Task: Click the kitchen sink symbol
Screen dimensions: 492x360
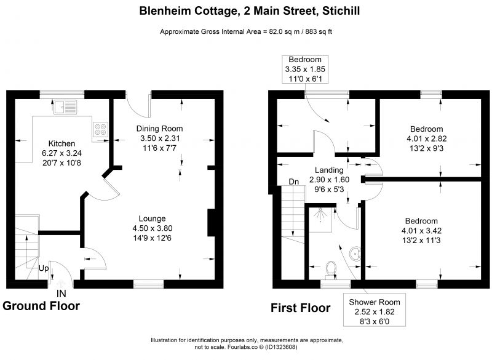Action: [x=65, y=107]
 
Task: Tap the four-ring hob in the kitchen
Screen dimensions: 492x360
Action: [x=100, y=129]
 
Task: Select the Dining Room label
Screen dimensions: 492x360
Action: [x=159, y=129]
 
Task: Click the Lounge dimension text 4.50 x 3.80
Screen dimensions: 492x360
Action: [x=153, y=228]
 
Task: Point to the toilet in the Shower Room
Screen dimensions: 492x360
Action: [x=331, y=270]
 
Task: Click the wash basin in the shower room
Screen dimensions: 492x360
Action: [x=355, y=253]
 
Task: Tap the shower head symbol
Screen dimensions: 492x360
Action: [x=320, y=215]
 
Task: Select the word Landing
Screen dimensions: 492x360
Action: [x=329, y=170]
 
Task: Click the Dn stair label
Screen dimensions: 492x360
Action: [x=294, y=182]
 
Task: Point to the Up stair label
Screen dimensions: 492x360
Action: [x=44, y=268]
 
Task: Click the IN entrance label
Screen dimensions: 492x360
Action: [x=61, y=294]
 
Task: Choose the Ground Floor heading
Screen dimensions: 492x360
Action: [x=41, y=306]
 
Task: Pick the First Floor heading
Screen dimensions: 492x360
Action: [x=301, y=308]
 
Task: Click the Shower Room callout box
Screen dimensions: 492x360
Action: [x=375, y=310]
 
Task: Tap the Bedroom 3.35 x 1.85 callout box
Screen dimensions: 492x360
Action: [x=305, y=70]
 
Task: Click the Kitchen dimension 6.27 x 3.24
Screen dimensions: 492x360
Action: [x=62, y=153]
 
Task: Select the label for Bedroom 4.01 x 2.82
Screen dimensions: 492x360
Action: [x=427, y=129]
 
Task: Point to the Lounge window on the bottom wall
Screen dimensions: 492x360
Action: [x=149, y=284]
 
